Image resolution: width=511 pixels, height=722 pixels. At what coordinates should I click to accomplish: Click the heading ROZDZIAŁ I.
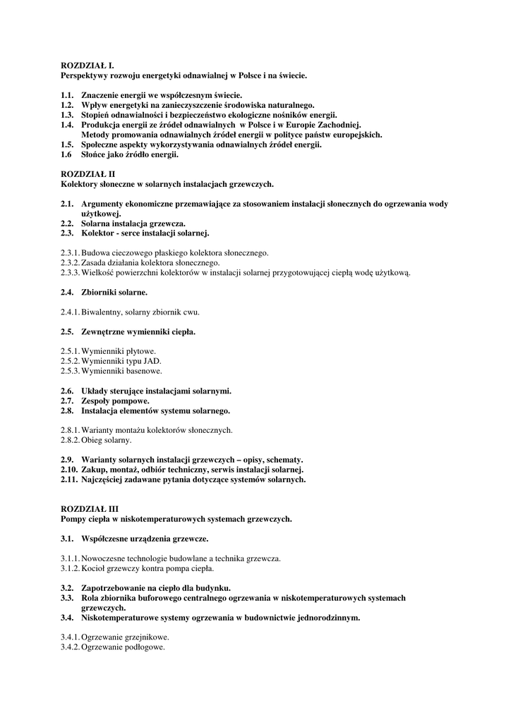(x=88, y=65)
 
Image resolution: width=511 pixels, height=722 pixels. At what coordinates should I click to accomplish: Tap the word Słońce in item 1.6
(x=95, y=154)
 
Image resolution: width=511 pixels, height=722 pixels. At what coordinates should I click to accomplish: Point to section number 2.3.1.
(x=70, y=252)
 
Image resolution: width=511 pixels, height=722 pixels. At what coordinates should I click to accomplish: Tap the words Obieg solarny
(x=106, y=440)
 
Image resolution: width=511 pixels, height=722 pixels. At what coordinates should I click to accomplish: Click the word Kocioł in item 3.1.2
(x=93, y=568)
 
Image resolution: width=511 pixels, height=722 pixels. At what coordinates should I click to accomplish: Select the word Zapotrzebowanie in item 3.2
(x=117, y=588)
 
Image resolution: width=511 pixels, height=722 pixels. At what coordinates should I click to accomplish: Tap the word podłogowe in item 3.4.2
(x=144, y=647)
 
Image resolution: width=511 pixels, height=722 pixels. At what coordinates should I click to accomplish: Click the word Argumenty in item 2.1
(x=107, y=204)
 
